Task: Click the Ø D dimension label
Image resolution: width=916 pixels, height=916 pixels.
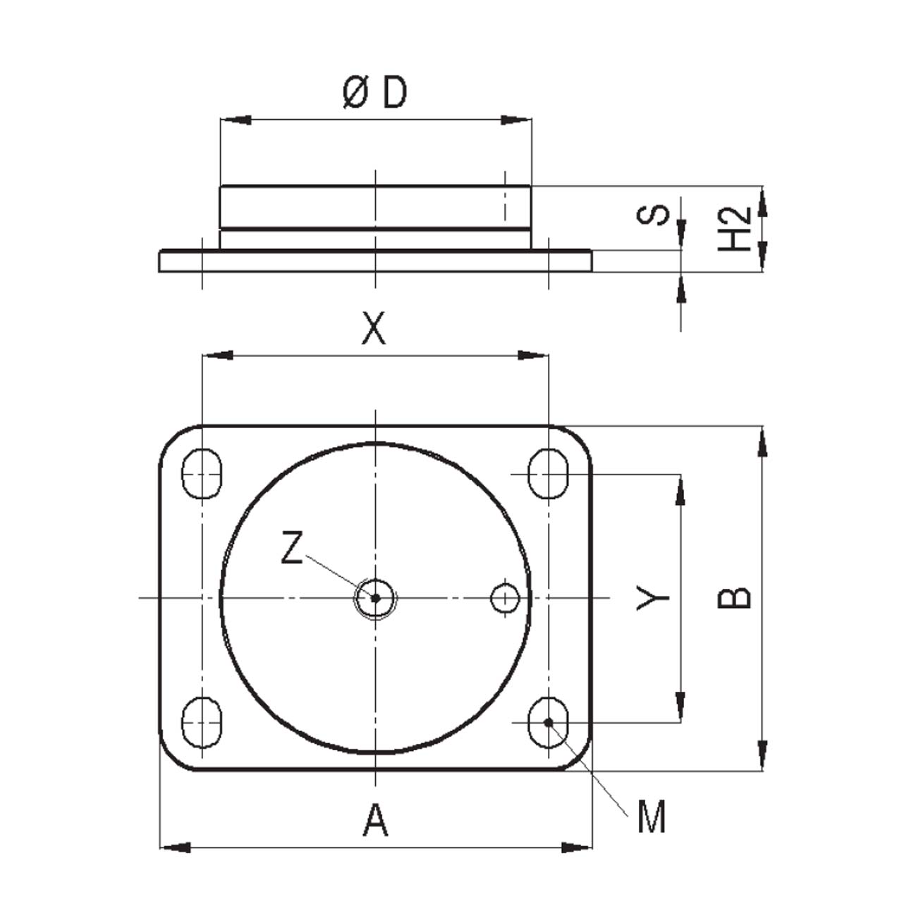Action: coord(374,92)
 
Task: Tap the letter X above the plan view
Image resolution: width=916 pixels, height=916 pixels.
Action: coord(374,328)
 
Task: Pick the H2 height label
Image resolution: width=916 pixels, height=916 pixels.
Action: coord(734,229)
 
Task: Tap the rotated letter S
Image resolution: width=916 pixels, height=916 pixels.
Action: coord(653,215)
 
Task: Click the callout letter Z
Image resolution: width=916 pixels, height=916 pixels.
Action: coord(292,548)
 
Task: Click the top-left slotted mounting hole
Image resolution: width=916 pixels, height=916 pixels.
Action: coord(202,473)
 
